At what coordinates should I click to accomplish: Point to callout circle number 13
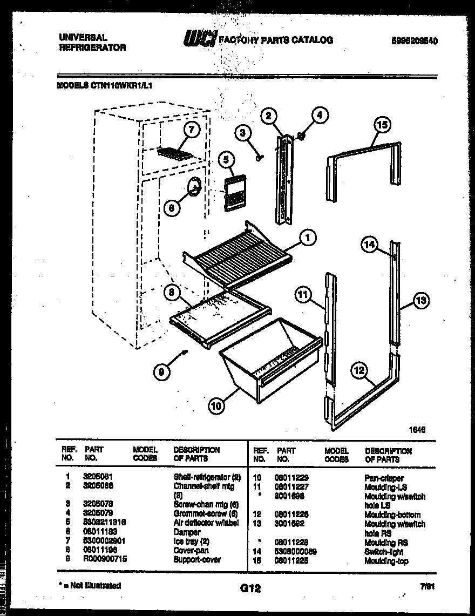422,301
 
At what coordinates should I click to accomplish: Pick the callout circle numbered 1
308,238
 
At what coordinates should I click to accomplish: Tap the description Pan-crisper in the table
384,478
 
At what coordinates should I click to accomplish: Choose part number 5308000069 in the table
295,552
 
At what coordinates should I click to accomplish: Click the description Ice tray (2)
191,541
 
